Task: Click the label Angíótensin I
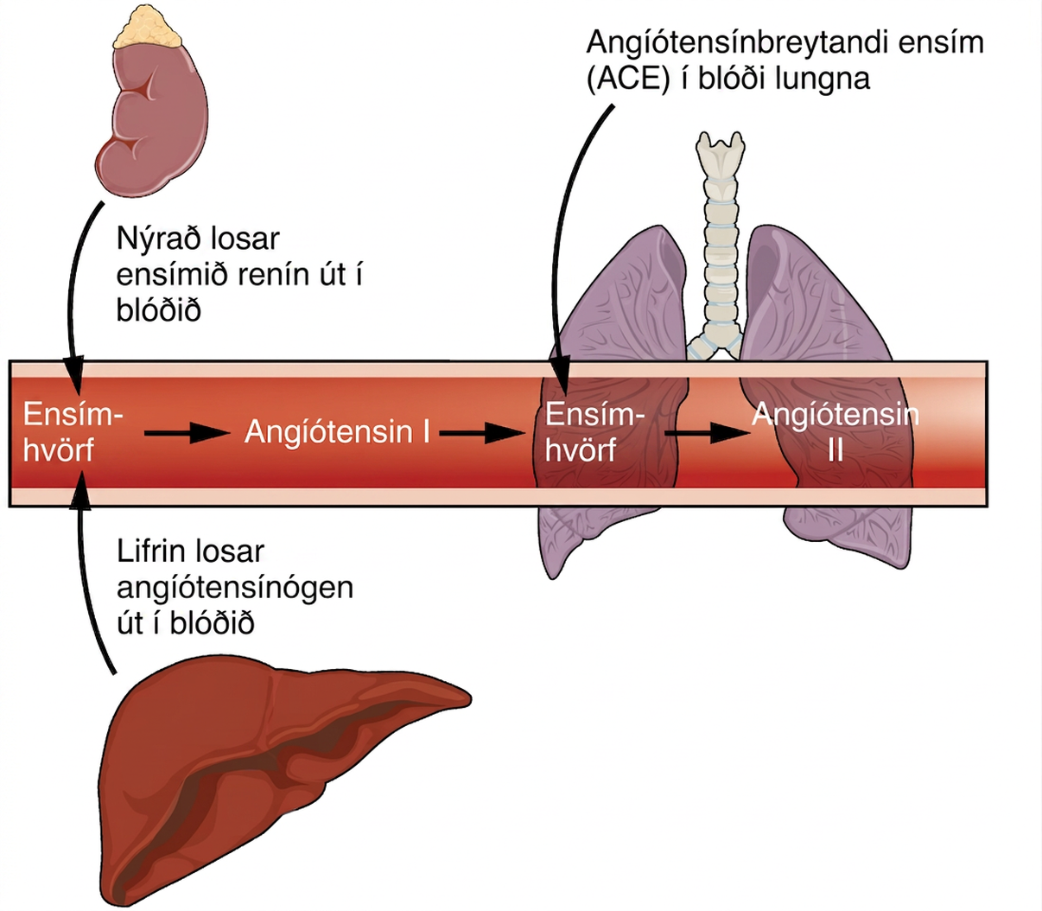coord(338,433)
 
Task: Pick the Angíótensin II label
coord(836,432)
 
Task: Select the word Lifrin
coord(153,551)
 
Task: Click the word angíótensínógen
coord(235,589)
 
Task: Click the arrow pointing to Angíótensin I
coord(187,433)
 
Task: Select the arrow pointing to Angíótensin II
coord(708,433)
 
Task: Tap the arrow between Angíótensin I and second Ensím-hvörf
coord(482,433)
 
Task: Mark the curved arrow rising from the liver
coord(81,576)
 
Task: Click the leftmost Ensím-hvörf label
coord(73,432)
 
